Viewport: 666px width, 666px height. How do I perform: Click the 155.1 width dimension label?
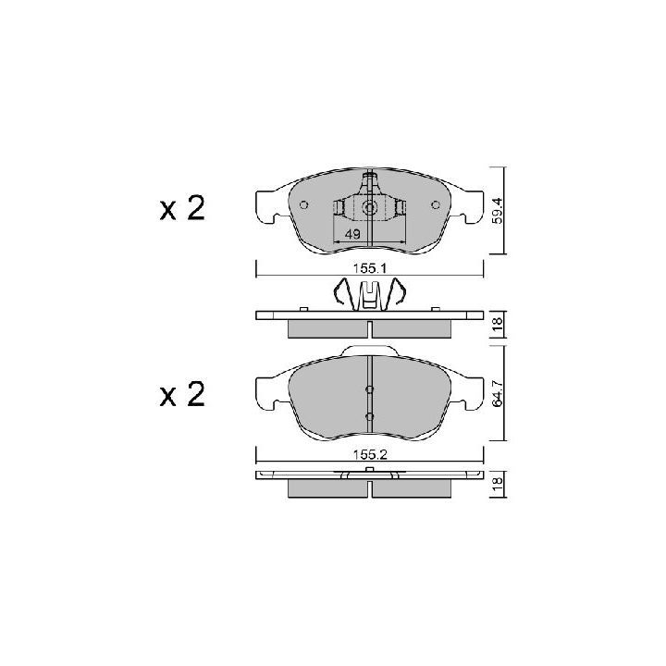pos(369,268)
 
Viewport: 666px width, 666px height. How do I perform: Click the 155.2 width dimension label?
pos(369,455)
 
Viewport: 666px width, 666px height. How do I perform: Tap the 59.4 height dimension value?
pos(498,210)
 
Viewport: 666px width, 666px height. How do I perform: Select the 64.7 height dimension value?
pos(498,393)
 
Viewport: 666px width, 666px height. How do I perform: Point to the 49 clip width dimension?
pos(352,234)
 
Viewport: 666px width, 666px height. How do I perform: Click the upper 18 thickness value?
pos(498,324)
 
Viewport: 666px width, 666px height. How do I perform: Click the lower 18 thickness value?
pos(498,484)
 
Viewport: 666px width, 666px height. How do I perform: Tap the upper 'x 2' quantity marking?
pos(182,208)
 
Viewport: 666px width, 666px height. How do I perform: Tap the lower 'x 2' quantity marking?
pos(182,395)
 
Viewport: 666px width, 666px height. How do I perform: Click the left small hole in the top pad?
pos(303,205)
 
